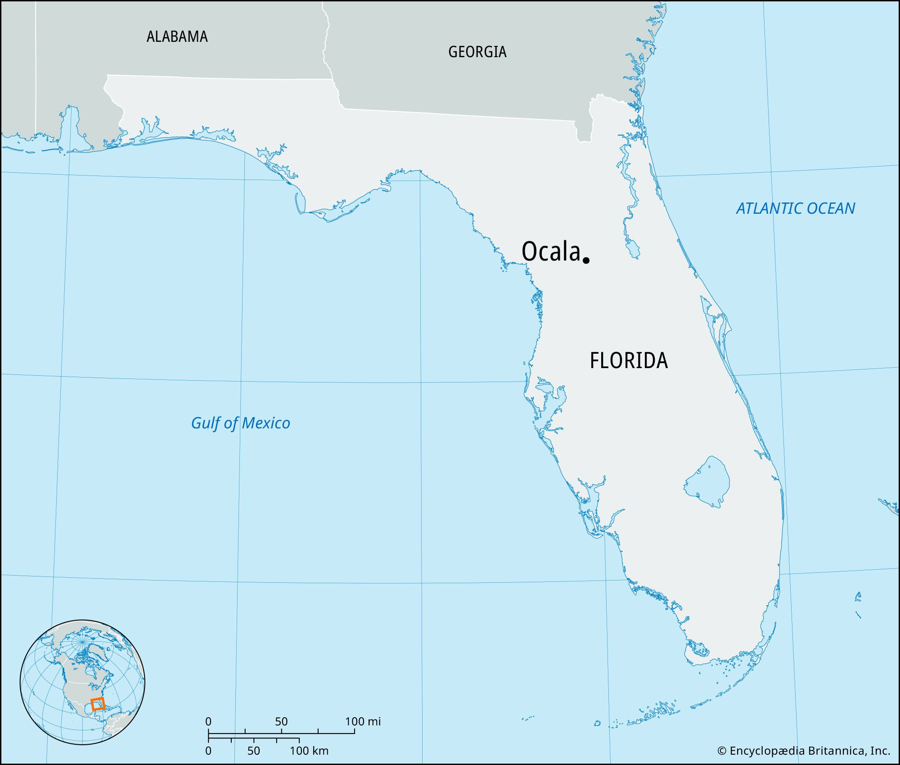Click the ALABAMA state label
pos(177,36)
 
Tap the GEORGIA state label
pos(477,52)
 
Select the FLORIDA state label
pos(629,360)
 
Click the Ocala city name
pos(550,251)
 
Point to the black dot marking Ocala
pos(586,260)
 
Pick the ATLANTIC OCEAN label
pos(795,208)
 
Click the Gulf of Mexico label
pos(240,423)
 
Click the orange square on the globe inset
pos(98,704)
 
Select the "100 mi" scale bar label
pos(363,721)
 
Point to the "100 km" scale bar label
pos(309,751)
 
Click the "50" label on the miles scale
pos(281,721)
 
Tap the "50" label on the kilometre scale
pos(253,751)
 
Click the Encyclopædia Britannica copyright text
pos(803,751)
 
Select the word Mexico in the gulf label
pos(265,423)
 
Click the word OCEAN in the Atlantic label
pos(831,208)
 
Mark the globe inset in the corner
pos(82,682)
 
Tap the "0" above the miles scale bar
pos(208,721)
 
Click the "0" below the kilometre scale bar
pos(208,751)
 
